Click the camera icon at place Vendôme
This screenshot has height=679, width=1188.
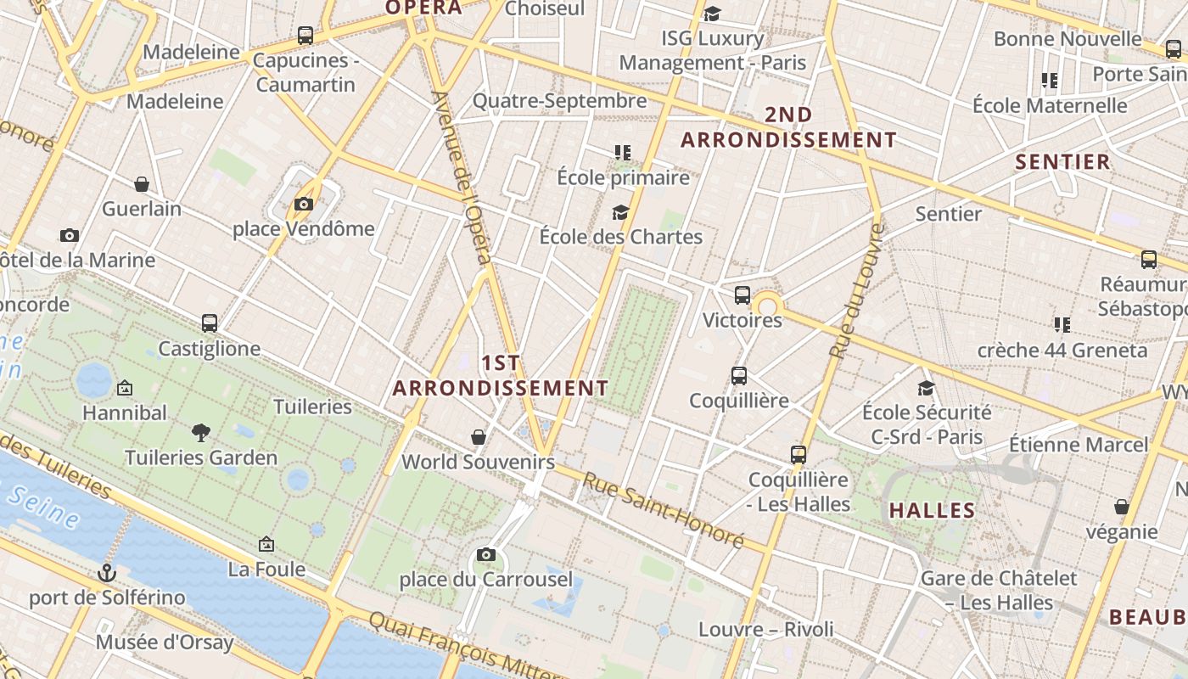304,204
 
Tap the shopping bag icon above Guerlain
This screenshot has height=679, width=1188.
142,184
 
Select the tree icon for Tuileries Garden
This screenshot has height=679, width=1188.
201,433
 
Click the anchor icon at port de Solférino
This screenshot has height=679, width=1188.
106,573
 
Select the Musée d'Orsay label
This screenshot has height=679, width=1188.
164,643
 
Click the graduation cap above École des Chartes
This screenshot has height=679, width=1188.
621,212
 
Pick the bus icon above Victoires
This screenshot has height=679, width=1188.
742,295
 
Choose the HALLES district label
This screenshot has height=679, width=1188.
932,511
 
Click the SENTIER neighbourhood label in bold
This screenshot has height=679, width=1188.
1062,162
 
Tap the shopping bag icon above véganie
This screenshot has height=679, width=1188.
1122,508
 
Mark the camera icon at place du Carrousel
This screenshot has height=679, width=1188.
486,555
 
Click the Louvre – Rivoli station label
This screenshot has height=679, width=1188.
765,630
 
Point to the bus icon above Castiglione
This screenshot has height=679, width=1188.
210,323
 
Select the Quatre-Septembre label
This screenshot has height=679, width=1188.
559,101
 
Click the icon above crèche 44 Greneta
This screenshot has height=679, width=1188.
1061,325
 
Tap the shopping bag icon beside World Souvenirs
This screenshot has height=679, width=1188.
479,437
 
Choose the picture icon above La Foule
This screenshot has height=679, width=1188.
266,544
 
